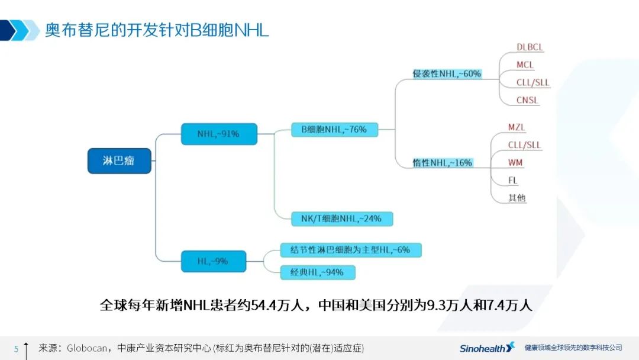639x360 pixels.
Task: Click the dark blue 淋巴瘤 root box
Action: coord(120,161)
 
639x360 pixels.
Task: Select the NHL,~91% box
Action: coord(220,134)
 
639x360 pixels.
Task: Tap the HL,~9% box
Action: coord(214,261)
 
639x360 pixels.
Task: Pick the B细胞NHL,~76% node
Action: coord(334,130)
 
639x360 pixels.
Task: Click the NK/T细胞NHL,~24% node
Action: coord(342,219)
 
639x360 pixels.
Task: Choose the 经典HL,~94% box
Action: coord(318,272)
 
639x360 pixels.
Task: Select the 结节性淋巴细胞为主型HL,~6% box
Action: coord(351,250)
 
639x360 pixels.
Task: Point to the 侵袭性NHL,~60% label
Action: coord(447,74)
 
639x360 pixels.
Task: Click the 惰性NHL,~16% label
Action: coord(443,163)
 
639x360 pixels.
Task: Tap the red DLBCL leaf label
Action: coord(530,47)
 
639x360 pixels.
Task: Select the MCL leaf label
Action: coord(525,65)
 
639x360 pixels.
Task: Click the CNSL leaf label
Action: coord(527,100)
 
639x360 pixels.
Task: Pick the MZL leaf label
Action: coord(517,127)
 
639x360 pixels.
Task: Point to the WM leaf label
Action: coord(515,163)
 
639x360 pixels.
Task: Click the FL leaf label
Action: coord(512,180)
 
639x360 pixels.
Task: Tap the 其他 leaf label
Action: coord(517,198)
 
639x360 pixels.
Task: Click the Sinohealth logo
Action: coord(487,348)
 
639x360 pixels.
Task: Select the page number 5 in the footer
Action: coord(17,349)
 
